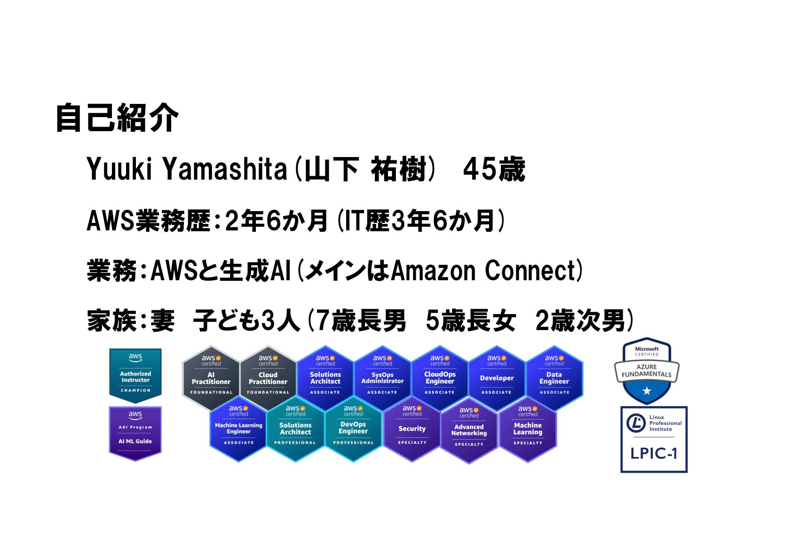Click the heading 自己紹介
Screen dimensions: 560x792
(x=117, y=118)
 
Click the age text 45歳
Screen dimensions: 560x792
(x=493, y=170)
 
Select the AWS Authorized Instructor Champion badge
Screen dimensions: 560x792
(x=135, y=376)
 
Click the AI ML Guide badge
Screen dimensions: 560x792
(x=135, y=433)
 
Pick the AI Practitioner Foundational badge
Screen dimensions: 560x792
(x=211, y=379)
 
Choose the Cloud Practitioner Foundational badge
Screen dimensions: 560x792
(x=268, y=379)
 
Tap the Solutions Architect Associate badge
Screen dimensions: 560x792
(x=325, y=379)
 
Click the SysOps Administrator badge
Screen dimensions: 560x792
(x=382, y=379)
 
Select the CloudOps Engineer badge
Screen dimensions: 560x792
(x=440, y=379)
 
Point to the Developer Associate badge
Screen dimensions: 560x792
(x=497, y=379)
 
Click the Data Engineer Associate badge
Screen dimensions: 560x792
(x=554, y=379)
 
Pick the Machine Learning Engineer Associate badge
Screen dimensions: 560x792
(x=238, y=429)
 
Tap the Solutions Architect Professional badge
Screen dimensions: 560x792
(x=295, y=429)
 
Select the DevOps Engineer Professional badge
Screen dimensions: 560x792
(x=353, y=429)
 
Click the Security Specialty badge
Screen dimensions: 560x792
(x=412, y=429)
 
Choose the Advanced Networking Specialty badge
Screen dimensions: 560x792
(x=469, y=430)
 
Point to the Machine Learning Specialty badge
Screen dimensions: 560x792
(x=528, y=429)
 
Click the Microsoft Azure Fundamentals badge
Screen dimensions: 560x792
(x=647, y=371)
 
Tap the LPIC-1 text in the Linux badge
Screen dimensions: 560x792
(x=654, y=453)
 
